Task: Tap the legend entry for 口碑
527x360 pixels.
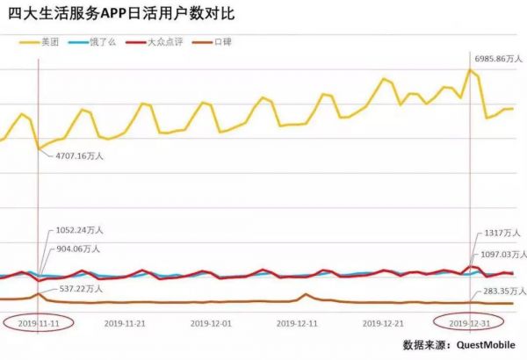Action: pos(223,41)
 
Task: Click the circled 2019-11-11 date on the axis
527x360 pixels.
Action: pos(39,323)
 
